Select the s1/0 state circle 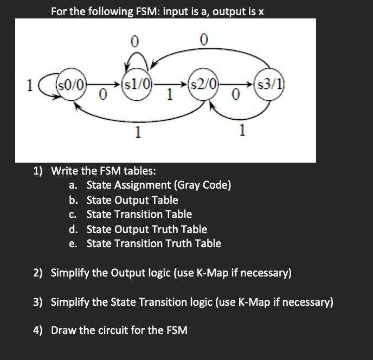[x=138, y=84]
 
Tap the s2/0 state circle [x=203, y=84]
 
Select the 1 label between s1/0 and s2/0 [x=170, y=95]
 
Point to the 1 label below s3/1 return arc [x=242, y=130]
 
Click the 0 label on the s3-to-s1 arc [x=203, y=39]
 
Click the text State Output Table [x=132, y=200]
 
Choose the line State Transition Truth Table [x=154, y=243]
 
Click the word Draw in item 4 [x=64, y=330]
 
